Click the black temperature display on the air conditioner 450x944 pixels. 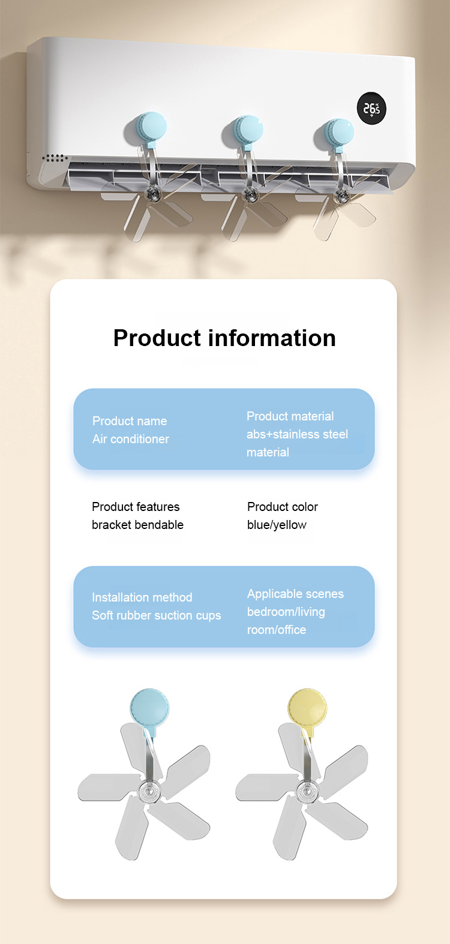coord(371,109)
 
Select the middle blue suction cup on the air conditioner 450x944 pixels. coord(248,130)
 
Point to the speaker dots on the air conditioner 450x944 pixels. coord(55,158)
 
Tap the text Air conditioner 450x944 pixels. coord(131,439)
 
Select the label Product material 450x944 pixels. coord(290,416)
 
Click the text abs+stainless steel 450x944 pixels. coord(298,434)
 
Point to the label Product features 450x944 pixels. coord(136,507)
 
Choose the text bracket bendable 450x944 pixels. coord(138,525)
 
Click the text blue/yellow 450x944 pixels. coord(277,525)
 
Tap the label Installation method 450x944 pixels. coord(142,597)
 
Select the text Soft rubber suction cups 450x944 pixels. coord(157,615)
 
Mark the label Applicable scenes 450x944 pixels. coord(295,594)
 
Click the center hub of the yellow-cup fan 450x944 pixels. coord(307,791)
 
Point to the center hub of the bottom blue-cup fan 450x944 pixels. coord(150,791)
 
